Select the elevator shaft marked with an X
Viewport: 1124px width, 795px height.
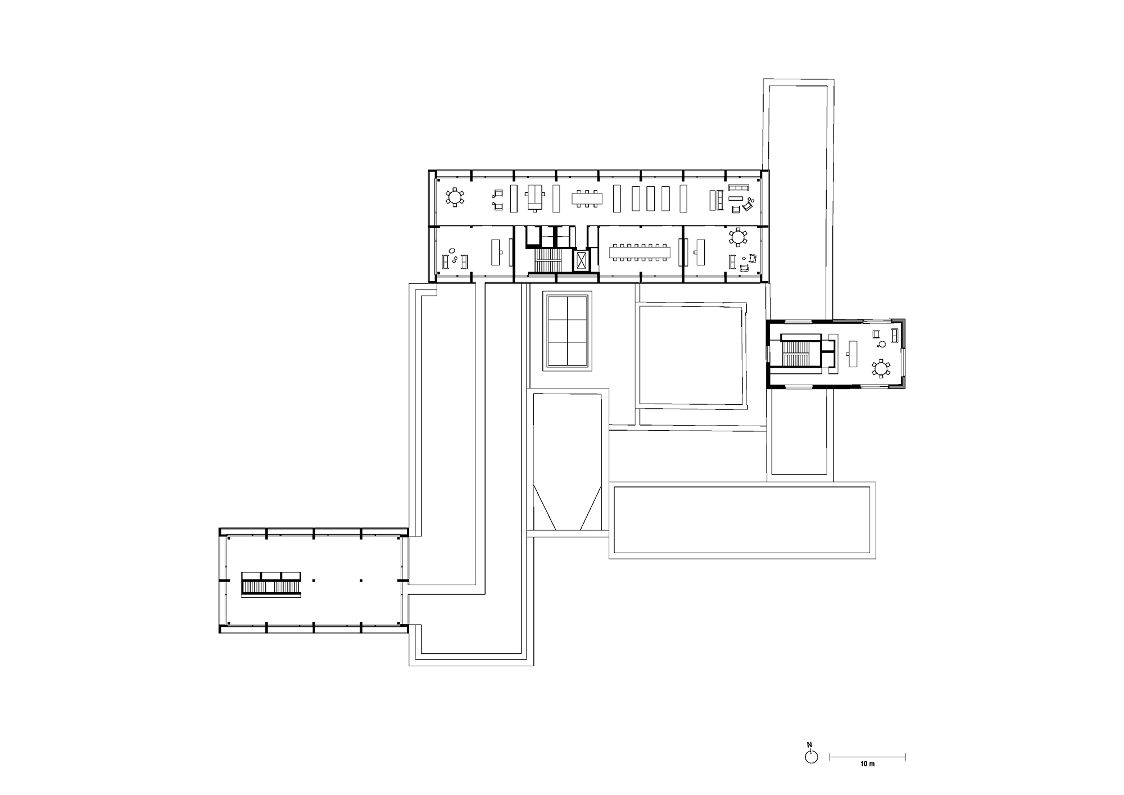point(581,260)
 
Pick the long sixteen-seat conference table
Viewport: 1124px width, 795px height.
point(641,251)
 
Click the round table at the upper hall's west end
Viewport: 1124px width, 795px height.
point(454,197)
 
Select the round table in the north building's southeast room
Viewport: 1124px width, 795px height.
point(737,237)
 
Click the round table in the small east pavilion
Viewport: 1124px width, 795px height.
point(881,369)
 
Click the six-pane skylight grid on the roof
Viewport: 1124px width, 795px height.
point(567,331)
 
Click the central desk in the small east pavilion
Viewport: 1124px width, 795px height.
point(853,353)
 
